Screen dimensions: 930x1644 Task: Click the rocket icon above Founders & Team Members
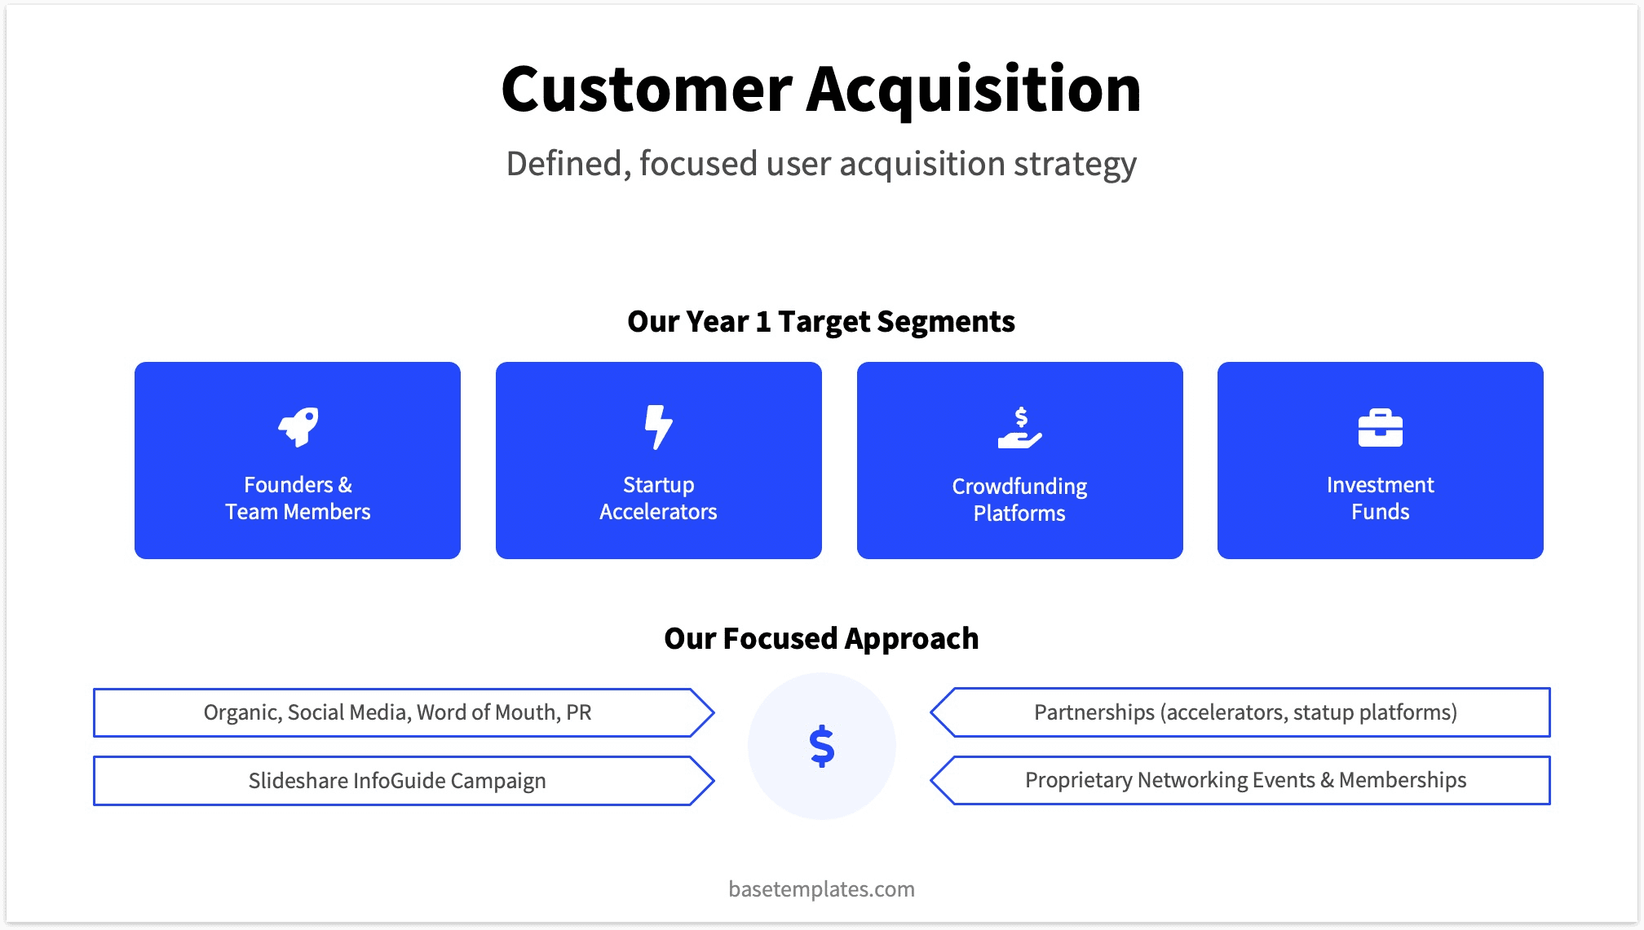point(298,427)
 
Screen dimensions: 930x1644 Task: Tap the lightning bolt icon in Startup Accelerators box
point(658,426)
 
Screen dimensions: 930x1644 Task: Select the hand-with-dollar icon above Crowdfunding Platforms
point(1019,429)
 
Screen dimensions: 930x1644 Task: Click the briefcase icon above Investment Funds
point(1380,427)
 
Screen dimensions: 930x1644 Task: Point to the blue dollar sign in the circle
point(822,746)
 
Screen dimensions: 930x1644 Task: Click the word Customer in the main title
point(646,89)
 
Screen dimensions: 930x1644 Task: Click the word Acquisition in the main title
point(974,89)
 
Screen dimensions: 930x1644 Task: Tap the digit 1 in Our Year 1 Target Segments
point(762,322)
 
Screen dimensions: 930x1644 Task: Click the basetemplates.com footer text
point(821,888)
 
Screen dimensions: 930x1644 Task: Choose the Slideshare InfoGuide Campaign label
point(397,781)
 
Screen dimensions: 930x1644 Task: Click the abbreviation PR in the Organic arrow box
point(579,712)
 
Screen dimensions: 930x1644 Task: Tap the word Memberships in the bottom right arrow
point(1402,780)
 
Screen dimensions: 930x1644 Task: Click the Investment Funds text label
point(1380,498)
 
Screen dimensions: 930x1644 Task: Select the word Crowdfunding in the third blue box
point(1019,487)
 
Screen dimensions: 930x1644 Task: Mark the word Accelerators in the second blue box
point(658,512)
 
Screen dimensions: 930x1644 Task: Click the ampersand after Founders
point(345,485)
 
